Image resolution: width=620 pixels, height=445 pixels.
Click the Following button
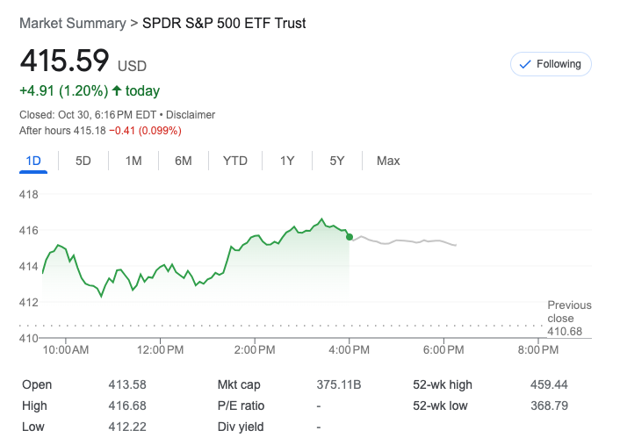pos(551,64)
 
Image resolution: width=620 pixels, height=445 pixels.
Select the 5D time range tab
pos(83,161)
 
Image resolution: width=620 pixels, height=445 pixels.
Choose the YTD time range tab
pos(234,161)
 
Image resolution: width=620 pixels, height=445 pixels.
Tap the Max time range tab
pos(388,161)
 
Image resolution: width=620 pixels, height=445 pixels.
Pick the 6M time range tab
pos(184,161)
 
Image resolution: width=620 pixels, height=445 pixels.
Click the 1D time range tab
pos(33,161)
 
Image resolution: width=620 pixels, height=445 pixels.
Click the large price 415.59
pos(64,61)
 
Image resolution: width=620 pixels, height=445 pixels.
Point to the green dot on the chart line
pos(350,237)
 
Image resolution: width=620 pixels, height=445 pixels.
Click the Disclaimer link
pos(191,115)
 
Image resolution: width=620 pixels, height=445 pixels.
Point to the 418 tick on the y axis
pos(29,194)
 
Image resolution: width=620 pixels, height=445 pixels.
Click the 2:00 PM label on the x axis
pos(255,350)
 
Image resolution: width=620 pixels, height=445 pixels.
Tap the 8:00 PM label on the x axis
pos(537,350)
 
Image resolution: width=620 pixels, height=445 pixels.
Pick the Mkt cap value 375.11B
pos(339,384)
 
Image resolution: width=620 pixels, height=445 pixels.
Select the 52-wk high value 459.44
pos(549,384)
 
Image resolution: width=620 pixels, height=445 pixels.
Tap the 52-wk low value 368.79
pos(549,406)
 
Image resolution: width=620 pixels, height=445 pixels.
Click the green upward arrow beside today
pos(116,90)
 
